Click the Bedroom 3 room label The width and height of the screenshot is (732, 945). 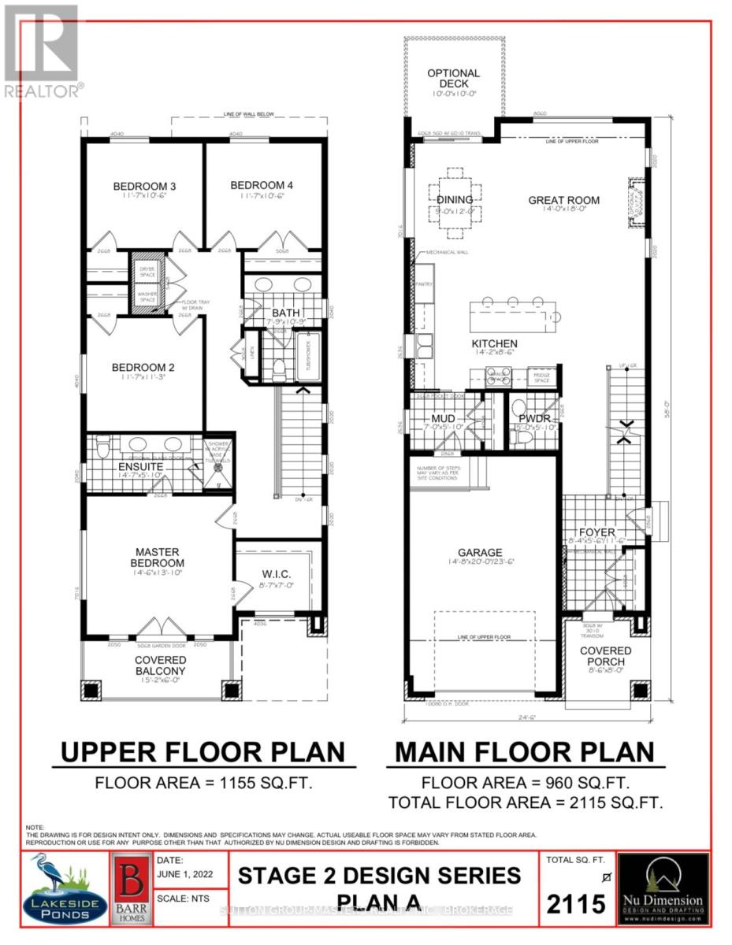point(144,186)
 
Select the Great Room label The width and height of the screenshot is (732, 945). point(563,200)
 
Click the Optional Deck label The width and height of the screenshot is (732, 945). point(453,79)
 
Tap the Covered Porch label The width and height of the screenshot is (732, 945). point(605,656)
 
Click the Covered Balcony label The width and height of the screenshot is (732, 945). point(160,665)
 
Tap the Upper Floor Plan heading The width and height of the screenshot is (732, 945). point(203,752)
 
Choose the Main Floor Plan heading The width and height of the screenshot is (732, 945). point(524,752)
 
